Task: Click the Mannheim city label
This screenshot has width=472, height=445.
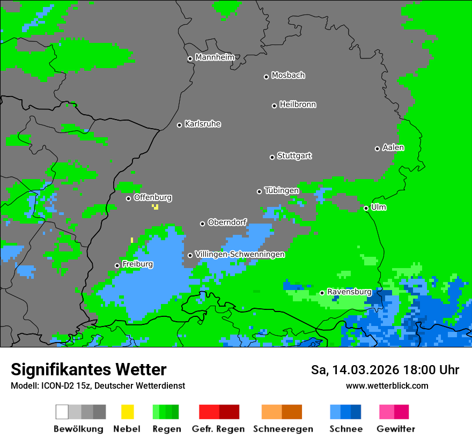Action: [x=215, y=57]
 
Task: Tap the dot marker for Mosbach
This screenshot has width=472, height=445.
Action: [x=266, y=77]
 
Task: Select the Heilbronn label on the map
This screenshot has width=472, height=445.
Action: [x=298, y=105]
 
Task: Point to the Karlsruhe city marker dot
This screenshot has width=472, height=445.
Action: [x=180, y=125]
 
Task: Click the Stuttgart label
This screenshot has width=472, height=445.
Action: [x=294, y=156]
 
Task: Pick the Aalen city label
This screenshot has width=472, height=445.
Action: [x=393, y=147]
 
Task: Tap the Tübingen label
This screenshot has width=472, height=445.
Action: [x=282, y=190]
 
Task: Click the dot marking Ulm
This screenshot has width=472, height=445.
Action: [x=366, y=208]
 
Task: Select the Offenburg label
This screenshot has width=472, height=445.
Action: [x=153, y=197]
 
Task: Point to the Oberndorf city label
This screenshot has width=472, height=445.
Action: [x=227, y=222]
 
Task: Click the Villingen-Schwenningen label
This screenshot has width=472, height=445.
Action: [x=240, y=254]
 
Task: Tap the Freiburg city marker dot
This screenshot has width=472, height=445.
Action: [x=117, y=265]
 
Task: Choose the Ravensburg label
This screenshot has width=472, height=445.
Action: [x=349, y=292]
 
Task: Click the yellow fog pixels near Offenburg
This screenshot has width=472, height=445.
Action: [x=156, y=206]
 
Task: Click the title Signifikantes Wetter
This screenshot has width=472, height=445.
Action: [x=88, y=369]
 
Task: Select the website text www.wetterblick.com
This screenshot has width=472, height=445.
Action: [x=387, y=385]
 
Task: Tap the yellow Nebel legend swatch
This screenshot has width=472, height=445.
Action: [x=127, y=412]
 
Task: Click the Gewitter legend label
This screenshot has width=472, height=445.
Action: [x=395, y=429]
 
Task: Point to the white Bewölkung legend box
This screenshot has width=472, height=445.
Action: [x=62, y=412]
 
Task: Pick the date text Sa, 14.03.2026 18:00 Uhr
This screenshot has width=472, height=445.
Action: [x=385, y=370]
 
